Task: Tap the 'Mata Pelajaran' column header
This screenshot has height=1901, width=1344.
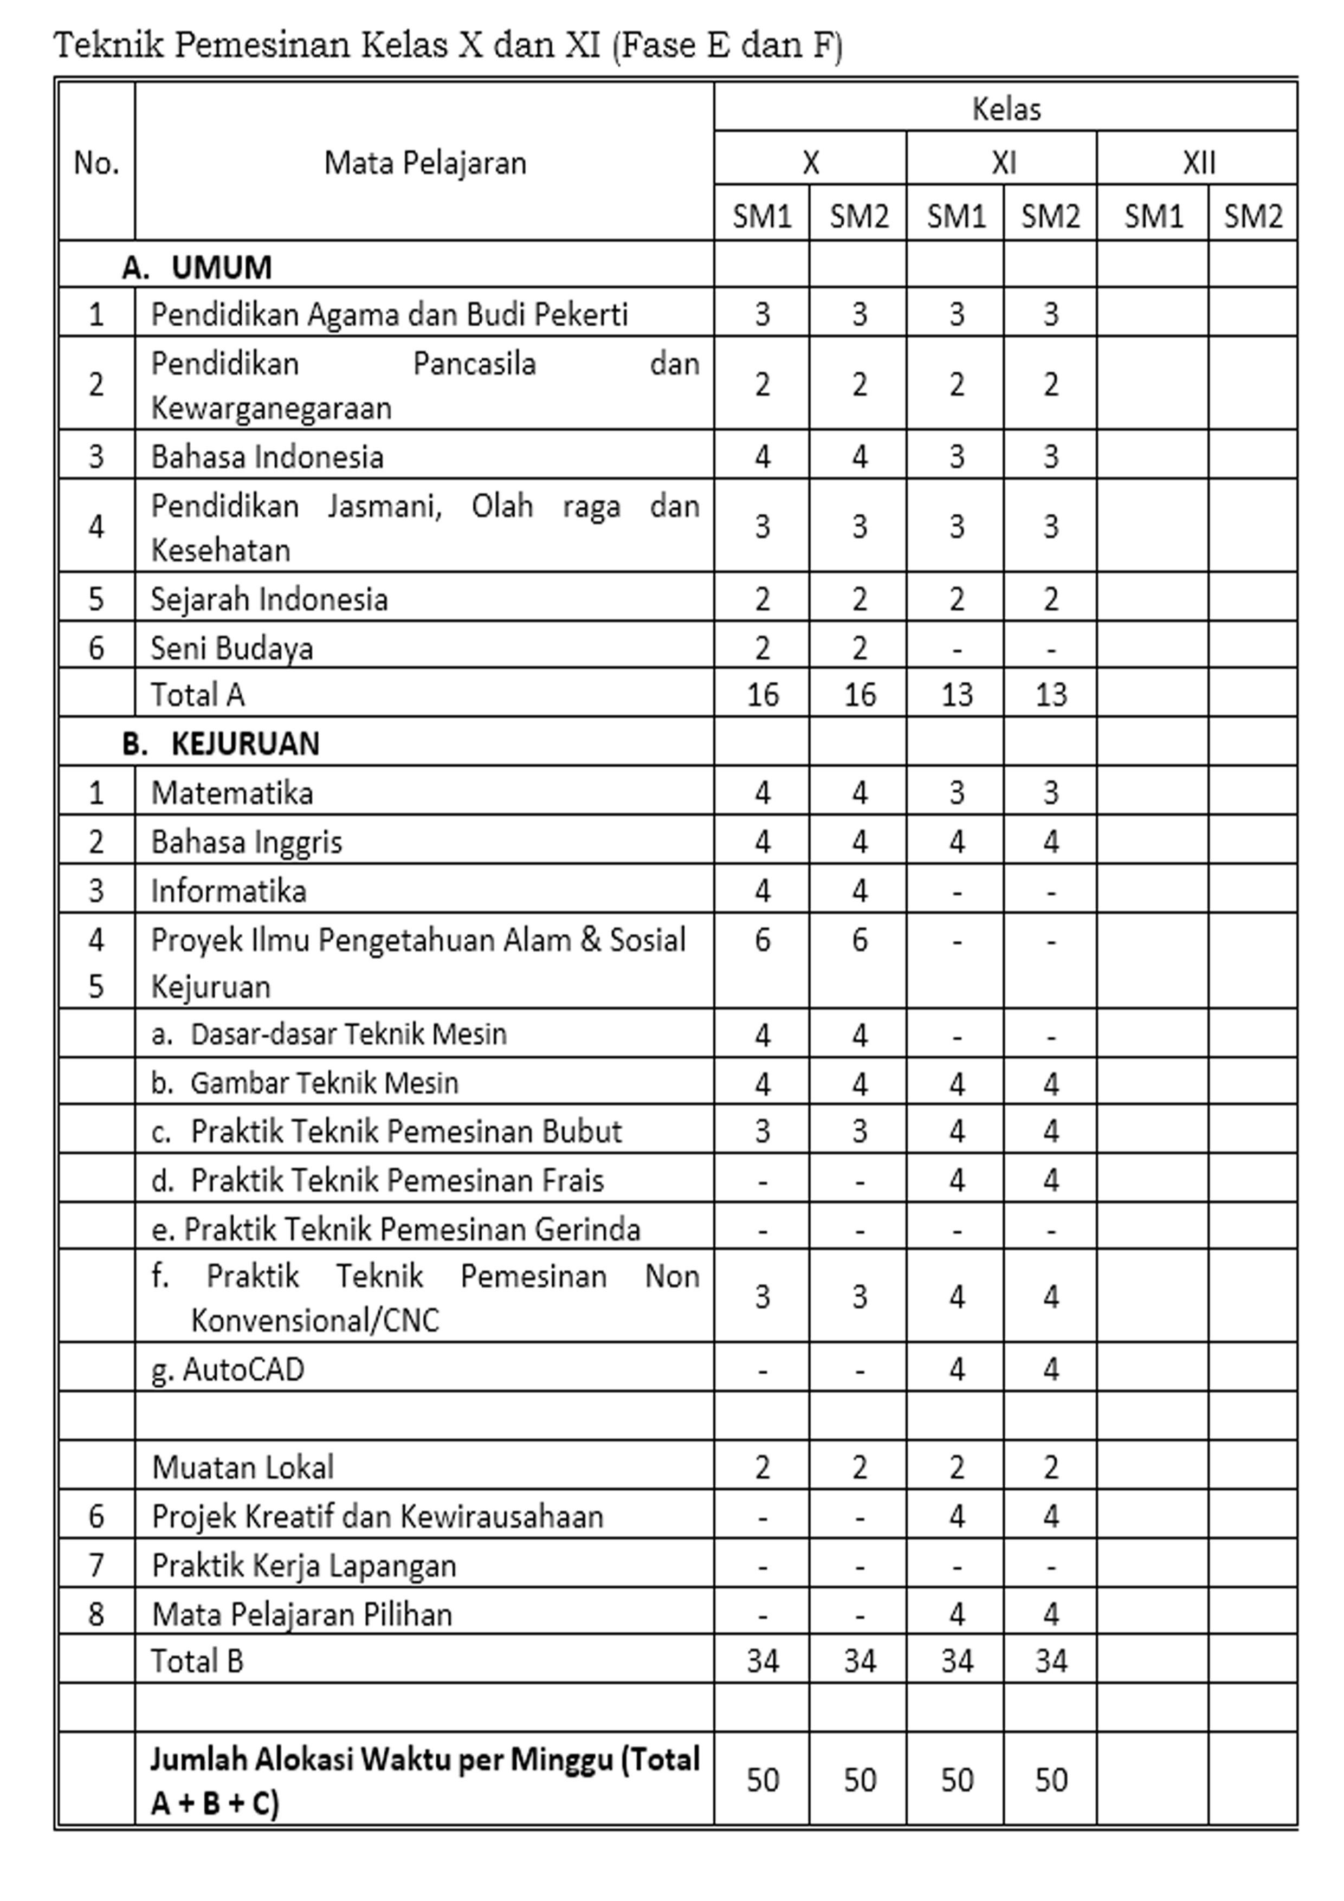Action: pyautogui.click(x=425, y=163)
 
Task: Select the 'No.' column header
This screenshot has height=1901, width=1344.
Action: pyautogui.click(x=96, y=163)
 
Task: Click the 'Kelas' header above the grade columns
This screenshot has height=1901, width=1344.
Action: pyautogui.click(x=1005, y=108)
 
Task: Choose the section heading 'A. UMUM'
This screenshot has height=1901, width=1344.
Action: pyautogui.click(x=197, y=268)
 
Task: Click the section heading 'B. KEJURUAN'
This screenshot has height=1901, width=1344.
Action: pyautogui.click(x=220, y=743)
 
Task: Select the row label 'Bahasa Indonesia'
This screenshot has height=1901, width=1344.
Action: pyautogui.click(x=267, y=457)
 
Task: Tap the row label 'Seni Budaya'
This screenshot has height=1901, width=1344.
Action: pyautogui.click(x=232, y=648)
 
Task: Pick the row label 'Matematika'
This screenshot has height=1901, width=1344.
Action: pyautogui.click(x=232, y=793)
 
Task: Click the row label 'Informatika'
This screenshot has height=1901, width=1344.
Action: pyautogui.click(x=229, y=891)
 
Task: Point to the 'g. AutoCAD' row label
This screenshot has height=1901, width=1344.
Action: pyautogui.click(x=228, y=1369)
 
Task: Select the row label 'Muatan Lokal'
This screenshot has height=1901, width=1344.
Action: pyautogui.click(x=243, y=1467)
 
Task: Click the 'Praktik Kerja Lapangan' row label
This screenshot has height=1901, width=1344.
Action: pyautogui.click(x=304, y=1566)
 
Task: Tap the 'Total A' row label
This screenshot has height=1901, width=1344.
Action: pyautogui.click(x=197, y=695)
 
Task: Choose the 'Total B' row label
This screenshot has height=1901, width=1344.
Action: pyautogui.click(x=197, y=1661)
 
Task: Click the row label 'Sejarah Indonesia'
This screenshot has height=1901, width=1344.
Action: pyautogui.click(x=269, y=599)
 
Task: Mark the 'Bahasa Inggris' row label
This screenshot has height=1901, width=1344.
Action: pyautogui.click(x=246, y=842)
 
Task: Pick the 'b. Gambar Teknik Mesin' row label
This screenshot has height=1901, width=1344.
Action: pyautogui.click(x=305, y=1083)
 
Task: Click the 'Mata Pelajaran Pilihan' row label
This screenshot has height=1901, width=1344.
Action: pyautogui.click(x=302, y=1614)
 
